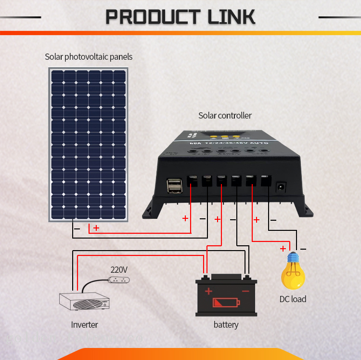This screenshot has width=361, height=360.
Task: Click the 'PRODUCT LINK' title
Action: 180,17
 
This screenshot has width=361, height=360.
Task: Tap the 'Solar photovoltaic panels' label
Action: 89,57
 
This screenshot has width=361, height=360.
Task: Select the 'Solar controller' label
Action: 225,116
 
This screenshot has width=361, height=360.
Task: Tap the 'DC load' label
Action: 293,299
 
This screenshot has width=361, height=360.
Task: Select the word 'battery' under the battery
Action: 226,325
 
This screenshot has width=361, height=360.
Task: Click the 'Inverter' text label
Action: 84,325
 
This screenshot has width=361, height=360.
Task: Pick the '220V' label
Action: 119,269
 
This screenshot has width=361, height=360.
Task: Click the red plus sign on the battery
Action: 208,291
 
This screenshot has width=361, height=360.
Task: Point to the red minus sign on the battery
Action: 245,292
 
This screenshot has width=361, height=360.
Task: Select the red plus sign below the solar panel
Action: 96,227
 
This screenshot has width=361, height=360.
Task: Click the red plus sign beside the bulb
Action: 283,249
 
